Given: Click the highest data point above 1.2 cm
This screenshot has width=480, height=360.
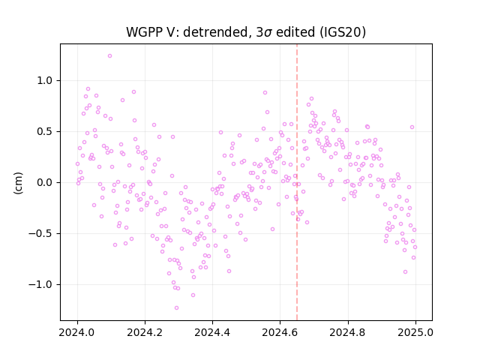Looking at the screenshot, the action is [109, 56].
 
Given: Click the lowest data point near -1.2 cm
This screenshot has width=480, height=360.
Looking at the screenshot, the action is [176, 308].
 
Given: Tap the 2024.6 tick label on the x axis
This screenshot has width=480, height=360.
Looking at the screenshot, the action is [280, 332].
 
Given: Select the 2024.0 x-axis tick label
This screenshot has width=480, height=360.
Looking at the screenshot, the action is [77, 332].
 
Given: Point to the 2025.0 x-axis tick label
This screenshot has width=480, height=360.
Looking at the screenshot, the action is [415, 332].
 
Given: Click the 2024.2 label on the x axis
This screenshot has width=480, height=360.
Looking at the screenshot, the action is [145, 332].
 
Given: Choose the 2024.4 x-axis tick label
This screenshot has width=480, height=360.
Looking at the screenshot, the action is [212, 332].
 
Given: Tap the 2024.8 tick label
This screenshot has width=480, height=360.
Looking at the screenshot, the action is [348, 332].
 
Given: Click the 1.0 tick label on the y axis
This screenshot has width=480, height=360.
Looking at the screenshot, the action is [45, 81].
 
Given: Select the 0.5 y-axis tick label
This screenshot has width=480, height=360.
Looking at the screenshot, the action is [45, 132].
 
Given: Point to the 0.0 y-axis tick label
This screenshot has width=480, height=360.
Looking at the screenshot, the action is [45, 183].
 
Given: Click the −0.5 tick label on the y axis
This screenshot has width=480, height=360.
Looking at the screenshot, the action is [40, 234].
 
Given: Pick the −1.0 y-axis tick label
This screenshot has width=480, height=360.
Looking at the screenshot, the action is [40, 285].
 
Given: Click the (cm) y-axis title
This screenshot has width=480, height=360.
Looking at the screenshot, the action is [18, 183].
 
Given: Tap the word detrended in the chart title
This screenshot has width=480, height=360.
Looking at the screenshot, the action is [215, 32].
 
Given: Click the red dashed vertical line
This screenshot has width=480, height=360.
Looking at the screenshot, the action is [297, 182].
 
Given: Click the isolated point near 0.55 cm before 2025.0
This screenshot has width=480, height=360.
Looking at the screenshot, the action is [412, 127].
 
